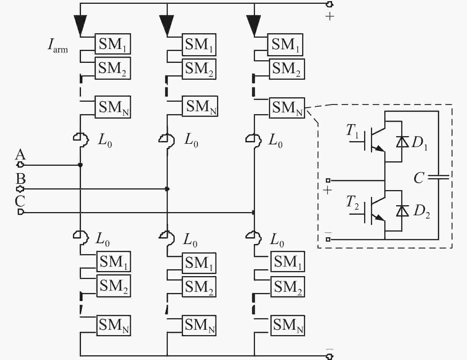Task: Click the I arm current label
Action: (58, 46)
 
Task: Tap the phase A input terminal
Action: (20, 165)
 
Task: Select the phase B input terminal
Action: (20, 189)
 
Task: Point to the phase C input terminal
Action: (20, 212)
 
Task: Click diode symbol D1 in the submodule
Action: (402, 142)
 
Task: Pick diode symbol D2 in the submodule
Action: (402, 211)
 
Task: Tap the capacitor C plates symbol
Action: (439, 177)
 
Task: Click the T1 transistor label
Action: (352, 131)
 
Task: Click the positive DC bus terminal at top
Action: (329, 4)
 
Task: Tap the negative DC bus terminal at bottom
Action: (329, 356)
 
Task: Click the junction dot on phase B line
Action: (167, 189)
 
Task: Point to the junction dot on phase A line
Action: (80, 165)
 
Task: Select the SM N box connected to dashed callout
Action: (287, 108)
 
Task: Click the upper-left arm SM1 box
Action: (113, 44)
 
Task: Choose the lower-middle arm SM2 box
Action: (199, 287)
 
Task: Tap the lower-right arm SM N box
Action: (288, 325)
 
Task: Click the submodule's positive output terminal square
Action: (328, 180)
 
